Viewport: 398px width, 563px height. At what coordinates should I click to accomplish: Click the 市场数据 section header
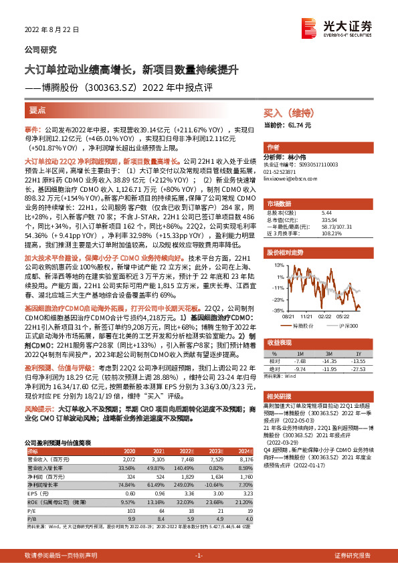[x=279, y=203]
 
